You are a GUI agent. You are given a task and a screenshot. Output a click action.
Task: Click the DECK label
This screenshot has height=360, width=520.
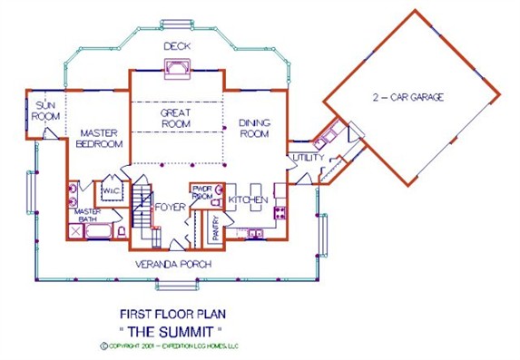176,45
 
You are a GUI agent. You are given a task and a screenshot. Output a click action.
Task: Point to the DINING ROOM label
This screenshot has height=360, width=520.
255,128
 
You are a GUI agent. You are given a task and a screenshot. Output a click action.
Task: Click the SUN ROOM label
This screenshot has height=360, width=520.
45,110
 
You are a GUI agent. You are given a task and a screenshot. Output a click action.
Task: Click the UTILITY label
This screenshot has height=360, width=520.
302,159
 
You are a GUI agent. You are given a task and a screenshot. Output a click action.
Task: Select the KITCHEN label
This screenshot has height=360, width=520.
247,199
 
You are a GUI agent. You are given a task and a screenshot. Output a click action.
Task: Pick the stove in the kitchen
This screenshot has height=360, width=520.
280,214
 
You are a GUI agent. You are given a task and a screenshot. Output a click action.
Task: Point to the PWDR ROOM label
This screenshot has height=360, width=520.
201,193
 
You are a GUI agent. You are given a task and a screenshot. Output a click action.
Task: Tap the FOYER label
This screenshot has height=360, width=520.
170,208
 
